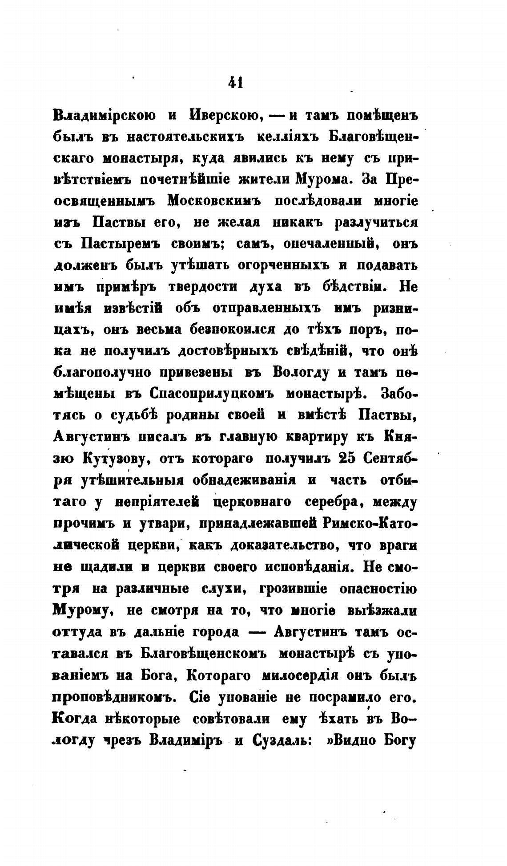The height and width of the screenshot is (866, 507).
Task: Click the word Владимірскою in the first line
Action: click(x=105, y=115)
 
